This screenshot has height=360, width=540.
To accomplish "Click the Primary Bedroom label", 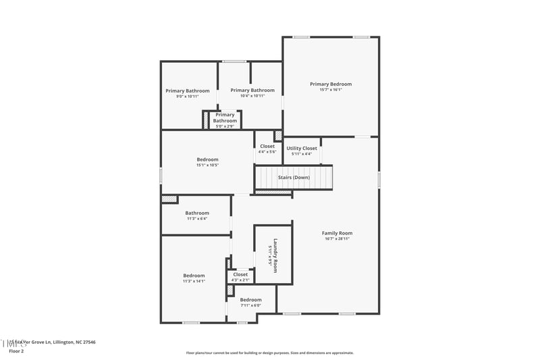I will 331,84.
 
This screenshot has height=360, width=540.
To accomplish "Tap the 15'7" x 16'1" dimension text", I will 331,90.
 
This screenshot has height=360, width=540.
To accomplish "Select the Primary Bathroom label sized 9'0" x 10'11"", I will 188,91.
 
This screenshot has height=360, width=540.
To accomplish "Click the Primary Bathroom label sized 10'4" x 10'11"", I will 252,90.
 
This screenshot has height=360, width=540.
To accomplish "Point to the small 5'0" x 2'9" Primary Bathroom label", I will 225,115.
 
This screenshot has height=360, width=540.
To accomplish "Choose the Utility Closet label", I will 302,148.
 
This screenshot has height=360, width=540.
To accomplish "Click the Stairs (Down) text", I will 294,178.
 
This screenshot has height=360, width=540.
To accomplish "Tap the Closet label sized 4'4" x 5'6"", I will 267,146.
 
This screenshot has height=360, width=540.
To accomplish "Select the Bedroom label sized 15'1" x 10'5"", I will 207,159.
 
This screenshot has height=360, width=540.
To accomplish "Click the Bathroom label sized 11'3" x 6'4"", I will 197,213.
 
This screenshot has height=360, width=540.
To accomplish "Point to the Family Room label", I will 337,233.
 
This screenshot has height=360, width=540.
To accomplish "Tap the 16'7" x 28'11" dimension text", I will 337,238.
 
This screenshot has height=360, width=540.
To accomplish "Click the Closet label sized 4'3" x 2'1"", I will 240,274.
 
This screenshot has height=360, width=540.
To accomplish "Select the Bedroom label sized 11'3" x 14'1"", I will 194,275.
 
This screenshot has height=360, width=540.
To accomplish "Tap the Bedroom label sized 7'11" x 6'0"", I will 250,299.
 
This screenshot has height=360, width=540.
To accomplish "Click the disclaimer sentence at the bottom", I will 269,353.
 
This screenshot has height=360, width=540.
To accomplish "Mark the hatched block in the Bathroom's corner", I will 169,199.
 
